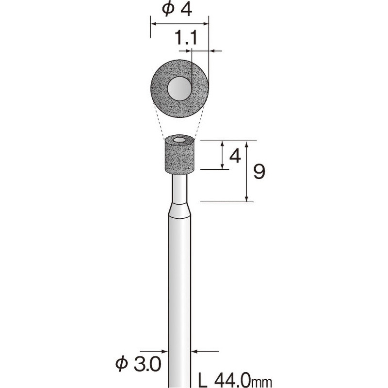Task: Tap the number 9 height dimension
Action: click(x=259, y=172)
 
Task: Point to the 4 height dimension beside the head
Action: click(x=235, y=156)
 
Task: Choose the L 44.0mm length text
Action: click(x=236, y=378)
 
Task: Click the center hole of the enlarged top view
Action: click(x=179, y=89)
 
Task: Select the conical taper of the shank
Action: click(x=179, y=210)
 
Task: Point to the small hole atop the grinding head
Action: click(x=179, y=140)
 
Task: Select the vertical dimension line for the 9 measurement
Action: click(x=247, y=172)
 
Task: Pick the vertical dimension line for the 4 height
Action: click(x=222, y=155)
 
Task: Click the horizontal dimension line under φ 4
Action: click(x=179, y=22)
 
